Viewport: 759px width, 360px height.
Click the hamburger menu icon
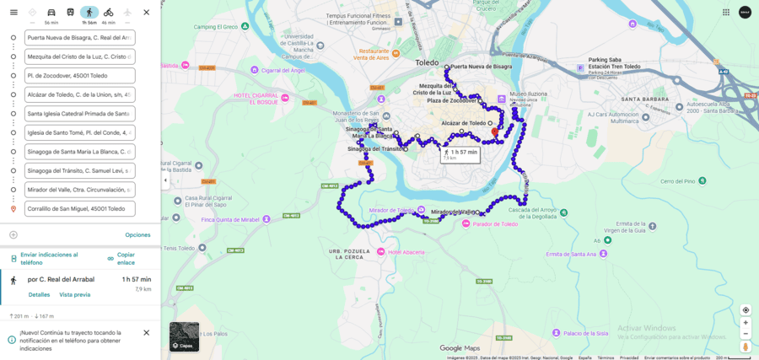[x=13, y=13]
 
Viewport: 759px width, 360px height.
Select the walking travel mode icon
[x=89, y=13]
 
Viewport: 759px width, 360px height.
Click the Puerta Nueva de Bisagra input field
[x=79, y=38]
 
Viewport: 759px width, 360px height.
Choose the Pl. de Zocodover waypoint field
[x=79, y=76]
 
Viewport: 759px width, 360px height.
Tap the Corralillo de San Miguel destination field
[x=79, y=209]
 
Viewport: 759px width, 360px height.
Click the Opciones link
[x=137, y=234]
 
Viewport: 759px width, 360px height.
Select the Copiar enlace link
[x=125, y=258]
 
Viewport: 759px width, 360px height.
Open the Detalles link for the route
[x=39, y=295]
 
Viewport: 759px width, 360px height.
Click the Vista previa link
[x=74, y=295]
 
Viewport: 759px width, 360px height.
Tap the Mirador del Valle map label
[x=454, y=212]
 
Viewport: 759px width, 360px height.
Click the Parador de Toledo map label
[x=495, y=224]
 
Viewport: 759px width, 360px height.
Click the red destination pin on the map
[x=495, y=132]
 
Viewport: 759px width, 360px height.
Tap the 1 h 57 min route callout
[x=460, y=153]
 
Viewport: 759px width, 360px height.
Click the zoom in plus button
[x=746, y=323]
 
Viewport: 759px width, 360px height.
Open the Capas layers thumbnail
[x=184, y=336]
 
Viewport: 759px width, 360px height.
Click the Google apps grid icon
[x=726, y=13]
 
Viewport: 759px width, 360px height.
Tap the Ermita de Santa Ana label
[x=572, y=254]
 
